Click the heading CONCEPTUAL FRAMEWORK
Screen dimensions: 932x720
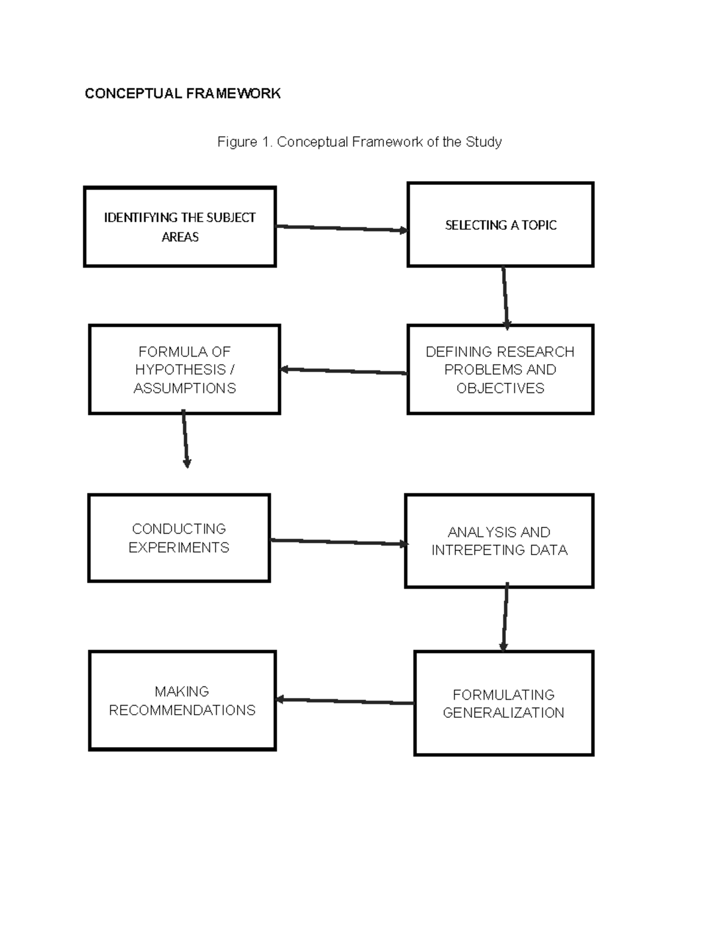(182, 94)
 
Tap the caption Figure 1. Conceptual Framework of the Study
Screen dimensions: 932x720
(359, 142)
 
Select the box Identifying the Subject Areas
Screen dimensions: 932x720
(179, 227)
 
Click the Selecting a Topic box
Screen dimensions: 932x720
(500, 225)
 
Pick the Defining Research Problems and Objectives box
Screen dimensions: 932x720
(500, 370)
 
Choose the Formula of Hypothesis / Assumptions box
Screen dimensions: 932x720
(184, 370)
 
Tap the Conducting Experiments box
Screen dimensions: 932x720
(179, 538)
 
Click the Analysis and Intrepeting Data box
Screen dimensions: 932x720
(499, 541)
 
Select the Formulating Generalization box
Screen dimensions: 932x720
(503, 703)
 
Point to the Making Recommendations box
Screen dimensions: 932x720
(182, 700)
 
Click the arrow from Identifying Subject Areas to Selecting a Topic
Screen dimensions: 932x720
(341, 228)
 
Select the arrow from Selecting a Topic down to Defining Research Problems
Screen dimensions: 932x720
(505, 298)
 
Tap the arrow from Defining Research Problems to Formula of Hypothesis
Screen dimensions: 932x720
(343, 371)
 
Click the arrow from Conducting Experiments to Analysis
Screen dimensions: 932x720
(338, 542)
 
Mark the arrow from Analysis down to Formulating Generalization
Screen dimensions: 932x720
(505, 617)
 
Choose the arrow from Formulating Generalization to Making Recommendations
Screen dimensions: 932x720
(344, 701)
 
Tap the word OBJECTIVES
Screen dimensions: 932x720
(500, 388)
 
